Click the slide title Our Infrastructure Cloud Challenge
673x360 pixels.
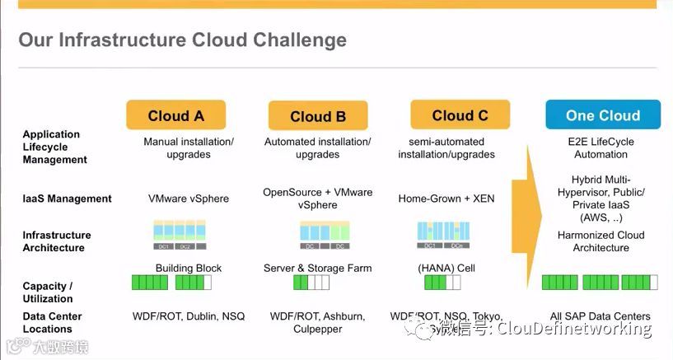[x=182, y=40]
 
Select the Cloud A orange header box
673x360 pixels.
[x=175, y=116]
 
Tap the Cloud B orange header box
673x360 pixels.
[x=317, y=117]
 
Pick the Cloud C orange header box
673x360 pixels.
[x=459, y=116]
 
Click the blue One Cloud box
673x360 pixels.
[x=602, y=116]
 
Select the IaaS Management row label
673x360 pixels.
[x=67, y=199]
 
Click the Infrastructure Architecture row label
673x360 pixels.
[x=57, y=241]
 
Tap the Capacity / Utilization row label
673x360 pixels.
[x=48, y=292]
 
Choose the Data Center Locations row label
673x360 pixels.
[x=52, y=322]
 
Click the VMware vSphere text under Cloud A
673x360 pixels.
[x=189, y=199]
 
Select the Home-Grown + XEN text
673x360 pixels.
[x=446, y=199]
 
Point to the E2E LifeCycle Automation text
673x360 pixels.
[x=601, y=147]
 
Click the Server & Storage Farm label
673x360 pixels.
[x=317, y=268]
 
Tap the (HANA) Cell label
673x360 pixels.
[x=446, y=268]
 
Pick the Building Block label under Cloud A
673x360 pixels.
[x=189, y=268]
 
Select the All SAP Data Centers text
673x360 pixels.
[x=600, y=316]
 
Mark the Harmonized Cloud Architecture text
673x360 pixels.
[x=601, y=241]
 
